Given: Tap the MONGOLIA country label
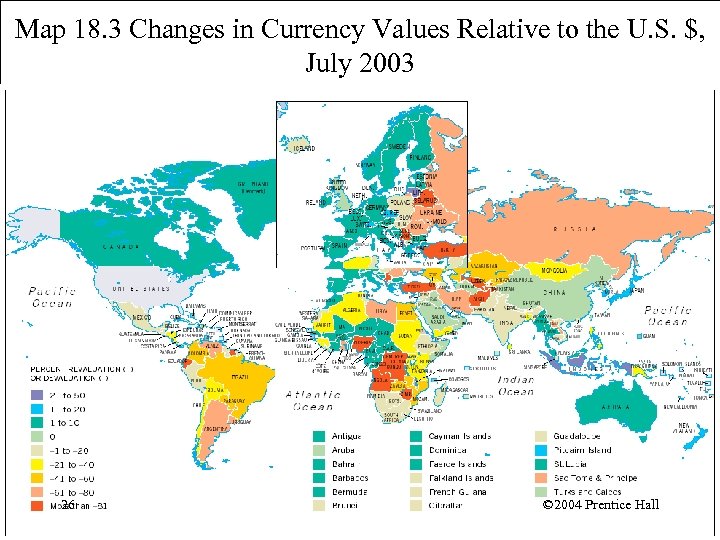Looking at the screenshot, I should coord(555,270).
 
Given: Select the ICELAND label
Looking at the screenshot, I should coord(303,148).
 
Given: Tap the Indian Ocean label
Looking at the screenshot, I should coord(516,386).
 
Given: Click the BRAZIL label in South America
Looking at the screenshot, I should coord(240,377).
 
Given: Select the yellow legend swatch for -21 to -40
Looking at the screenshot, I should coord(36,464).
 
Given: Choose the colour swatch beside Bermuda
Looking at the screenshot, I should coord(319,492).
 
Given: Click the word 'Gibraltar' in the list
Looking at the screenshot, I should coord(451,506).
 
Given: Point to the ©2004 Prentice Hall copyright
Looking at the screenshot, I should coord(600,505).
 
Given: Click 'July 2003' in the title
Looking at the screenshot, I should coord(359,64).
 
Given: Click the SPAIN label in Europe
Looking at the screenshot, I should coord(341,244).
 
